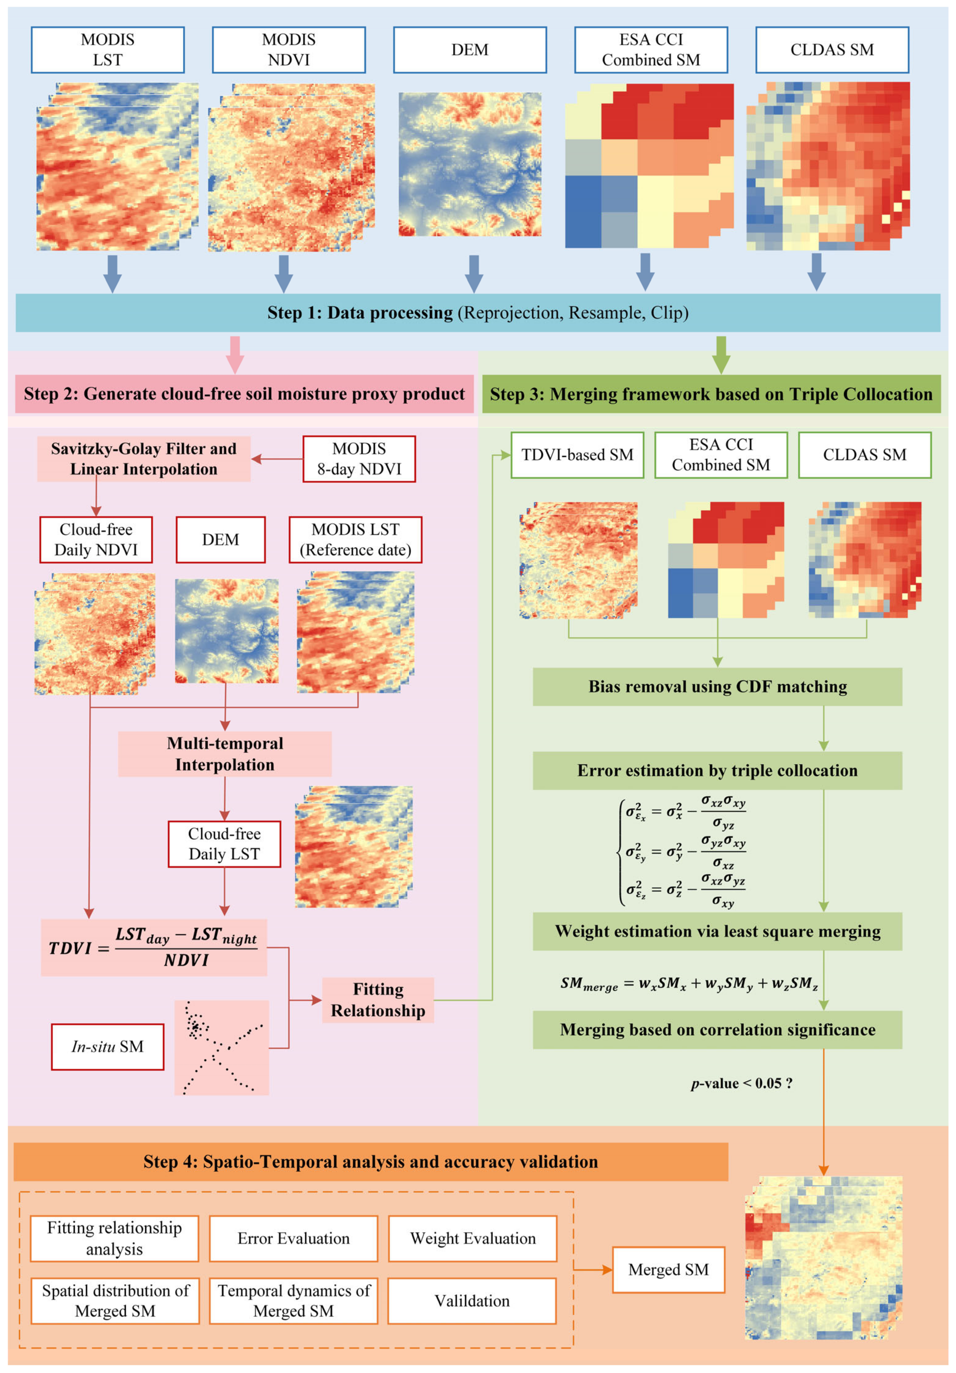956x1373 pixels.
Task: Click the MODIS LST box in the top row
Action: (108, 49)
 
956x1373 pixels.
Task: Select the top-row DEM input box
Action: (470, 49)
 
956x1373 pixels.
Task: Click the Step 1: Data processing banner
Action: (477, 313)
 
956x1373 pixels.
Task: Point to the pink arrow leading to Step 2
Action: (235, 354)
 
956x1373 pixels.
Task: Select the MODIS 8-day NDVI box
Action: (359, 459)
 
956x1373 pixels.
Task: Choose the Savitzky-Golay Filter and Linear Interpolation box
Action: (144, 459)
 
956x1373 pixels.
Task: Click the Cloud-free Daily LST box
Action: (224, 844)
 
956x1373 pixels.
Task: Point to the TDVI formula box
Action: (154, 947)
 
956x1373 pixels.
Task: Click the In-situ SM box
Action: (108, 1047)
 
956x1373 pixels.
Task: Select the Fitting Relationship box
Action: (378, 1000)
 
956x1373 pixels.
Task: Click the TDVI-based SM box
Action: (577, 455)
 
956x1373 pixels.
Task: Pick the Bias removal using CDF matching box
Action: (717, 686)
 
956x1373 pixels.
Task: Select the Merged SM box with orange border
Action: (668, 1269)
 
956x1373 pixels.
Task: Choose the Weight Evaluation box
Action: (472, 1238)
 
